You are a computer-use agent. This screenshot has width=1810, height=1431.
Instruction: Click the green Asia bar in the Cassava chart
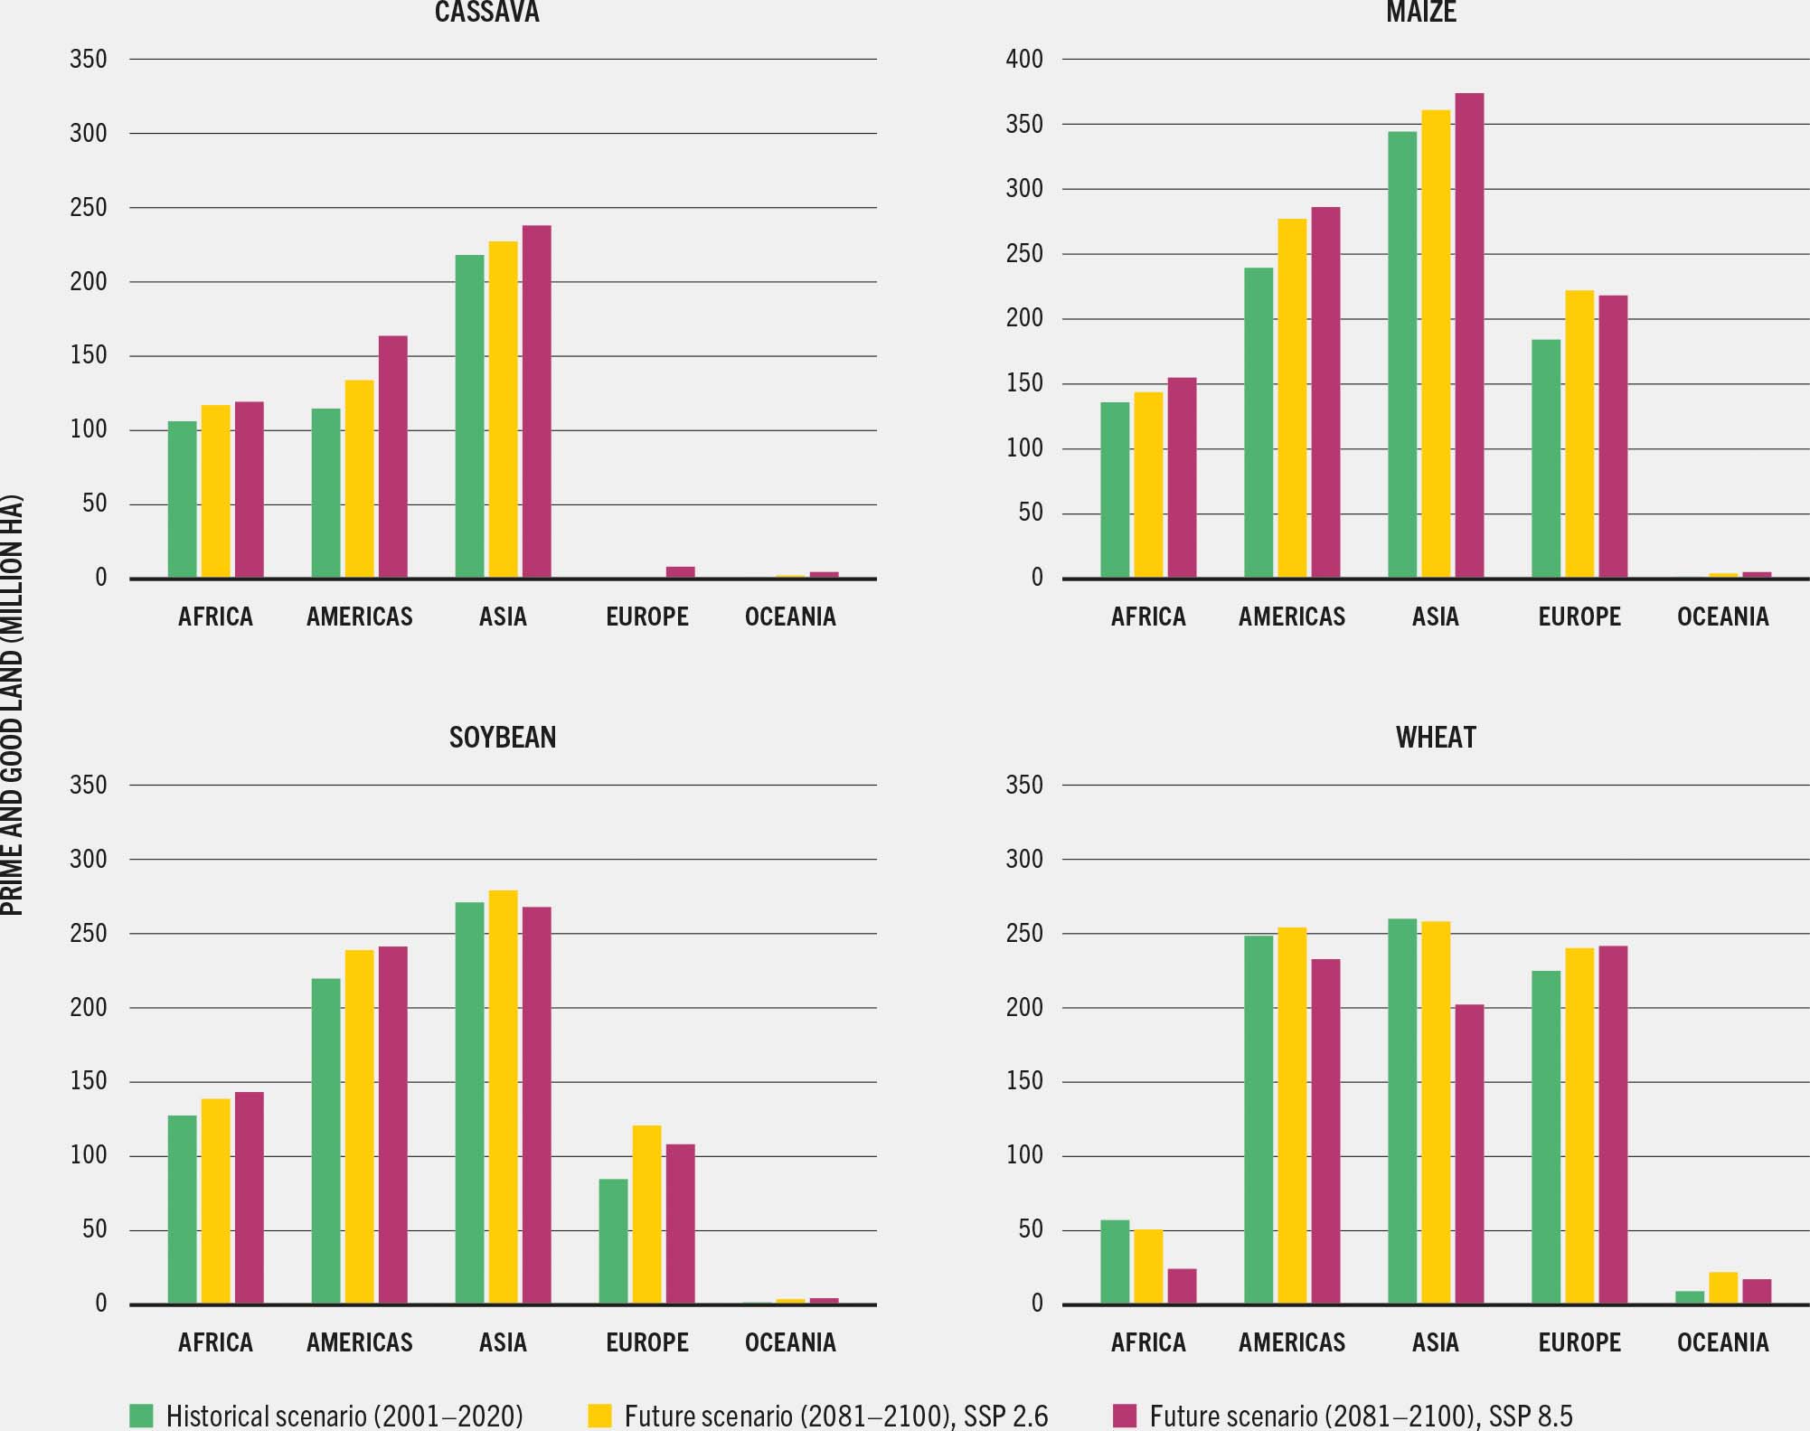(x=469, y=416)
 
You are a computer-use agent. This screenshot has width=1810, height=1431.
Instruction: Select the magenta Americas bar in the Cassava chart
(x=392, y=457)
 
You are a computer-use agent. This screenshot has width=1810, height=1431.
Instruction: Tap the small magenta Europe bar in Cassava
(x=680, y=571)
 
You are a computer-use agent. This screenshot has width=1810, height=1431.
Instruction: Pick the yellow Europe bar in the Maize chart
(x=1579, y=434)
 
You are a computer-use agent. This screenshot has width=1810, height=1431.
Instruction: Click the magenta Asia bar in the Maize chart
(x=1469, y=335)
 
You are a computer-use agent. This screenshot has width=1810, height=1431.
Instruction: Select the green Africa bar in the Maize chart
(x=1115, y=489)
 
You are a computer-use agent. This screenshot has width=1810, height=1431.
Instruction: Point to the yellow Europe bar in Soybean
(x=646, y=1214)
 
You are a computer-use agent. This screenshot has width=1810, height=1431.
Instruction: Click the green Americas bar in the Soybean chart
(x=325, y=1141)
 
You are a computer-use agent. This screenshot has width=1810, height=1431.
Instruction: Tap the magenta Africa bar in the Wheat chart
(x=1182, y=1285)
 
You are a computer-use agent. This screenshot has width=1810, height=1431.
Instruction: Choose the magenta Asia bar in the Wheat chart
(x=1469, y=1153)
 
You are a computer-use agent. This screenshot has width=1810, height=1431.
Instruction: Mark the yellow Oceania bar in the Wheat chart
(x=1723, y=1287)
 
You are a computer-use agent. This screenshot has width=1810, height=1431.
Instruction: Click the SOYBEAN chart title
(x=503, y=738)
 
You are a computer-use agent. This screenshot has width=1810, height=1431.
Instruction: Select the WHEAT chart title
(x=1436, y=738)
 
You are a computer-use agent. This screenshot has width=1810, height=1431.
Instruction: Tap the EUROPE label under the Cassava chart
(x=646, y=617)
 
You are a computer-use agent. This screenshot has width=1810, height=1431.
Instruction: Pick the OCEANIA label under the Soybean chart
(x=790, y=1342)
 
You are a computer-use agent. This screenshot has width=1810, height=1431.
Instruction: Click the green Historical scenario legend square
(x=141, y=1415)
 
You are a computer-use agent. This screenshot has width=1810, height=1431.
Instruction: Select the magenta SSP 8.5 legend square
(x=1125, y=1415)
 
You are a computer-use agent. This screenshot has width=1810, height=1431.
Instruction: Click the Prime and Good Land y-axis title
(x=12, y=705)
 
